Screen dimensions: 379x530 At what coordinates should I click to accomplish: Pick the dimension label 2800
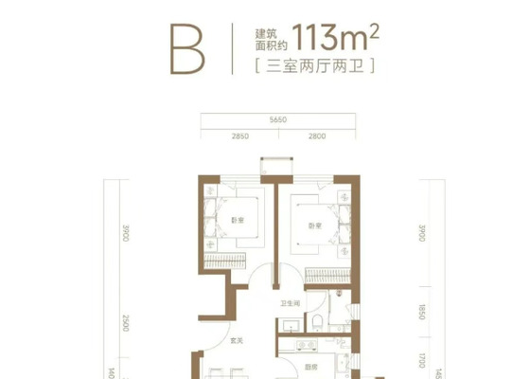coord(316,138)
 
